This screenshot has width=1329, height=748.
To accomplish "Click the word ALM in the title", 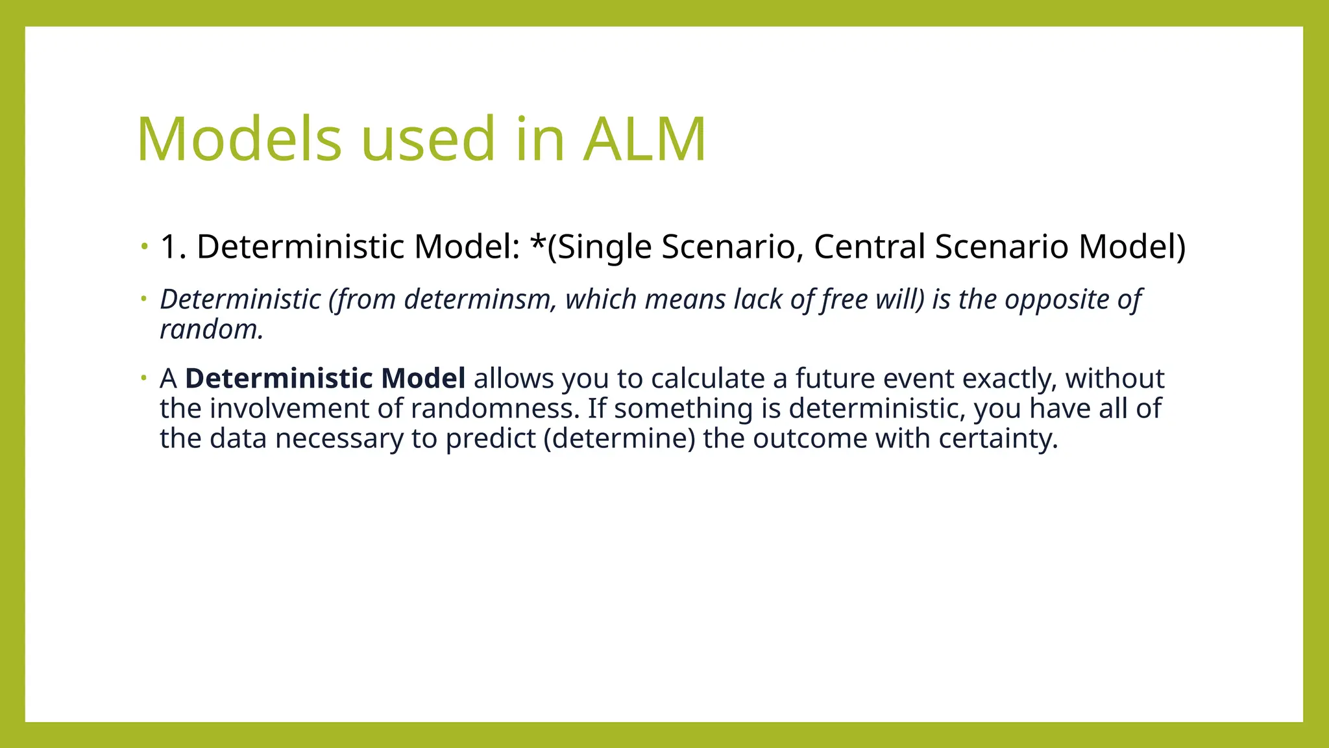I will click(x=644, y=139).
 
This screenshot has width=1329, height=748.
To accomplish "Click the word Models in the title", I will click(x=239, y=139).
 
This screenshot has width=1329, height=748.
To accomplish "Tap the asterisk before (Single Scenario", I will click(x=538, y=243).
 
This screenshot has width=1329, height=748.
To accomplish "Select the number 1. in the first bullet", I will click(x=173, y=247).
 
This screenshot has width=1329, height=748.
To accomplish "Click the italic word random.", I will click(x=212, y=330).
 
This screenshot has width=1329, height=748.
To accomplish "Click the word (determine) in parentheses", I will click(x=619, y=438).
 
